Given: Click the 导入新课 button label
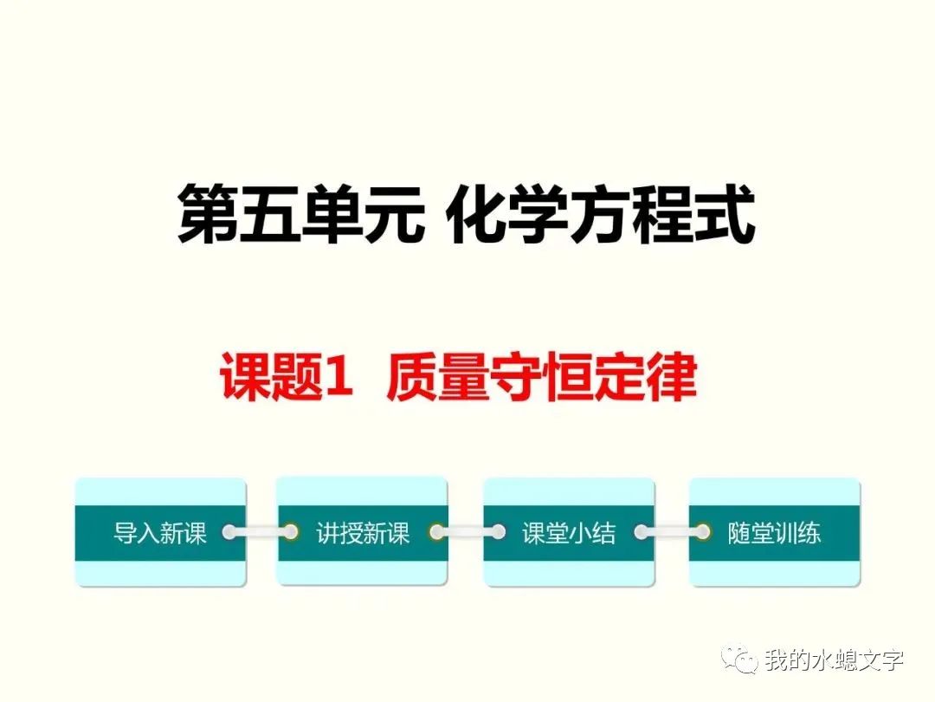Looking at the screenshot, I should coord(160,532).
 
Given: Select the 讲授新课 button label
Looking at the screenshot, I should coord(363,532).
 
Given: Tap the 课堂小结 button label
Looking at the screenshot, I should coord(569,532).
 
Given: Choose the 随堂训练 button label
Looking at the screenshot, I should coord(774,532).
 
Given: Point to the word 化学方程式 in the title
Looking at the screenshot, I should coord(603,215).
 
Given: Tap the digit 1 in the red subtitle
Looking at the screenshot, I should coord(339,378).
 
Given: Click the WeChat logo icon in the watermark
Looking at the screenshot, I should coord(743,660).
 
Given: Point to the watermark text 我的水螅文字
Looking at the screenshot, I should coord(834,660).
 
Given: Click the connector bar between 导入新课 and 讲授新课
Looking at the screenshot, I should coord(260,531).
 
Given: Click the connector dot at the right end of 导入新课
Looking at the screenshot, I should coord(229,531).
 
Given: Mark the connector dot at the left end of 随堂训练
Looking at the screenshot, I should coord(702,531).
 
